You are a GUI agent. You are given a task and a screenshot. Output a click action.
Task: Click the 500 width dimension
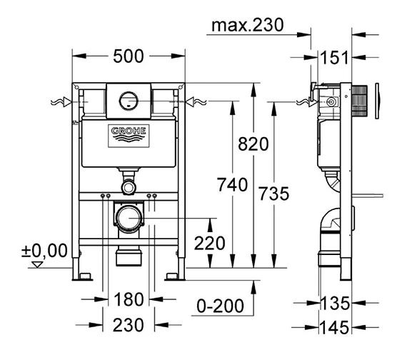click(129, 56)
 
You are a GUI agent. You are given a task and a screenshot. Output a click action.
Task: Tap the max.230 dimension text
click(247, 25)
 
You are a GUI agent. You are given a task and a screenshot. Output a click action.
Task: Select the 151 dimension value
click(334, 58)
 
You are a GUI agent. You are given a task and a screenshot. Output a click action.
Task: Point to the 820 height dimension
click(253, 144)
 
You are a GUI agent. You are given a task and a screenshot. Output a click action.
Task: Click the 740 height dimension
click(232, 185)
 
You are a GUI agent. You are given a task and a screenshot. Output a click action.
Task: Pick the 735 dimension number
click(274, 194)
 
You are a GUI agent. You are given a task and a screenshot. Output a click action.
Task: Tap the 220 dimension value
click(210, 244)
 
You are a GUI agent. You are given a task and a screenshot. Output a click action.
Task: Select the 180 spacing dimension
click(129, 299)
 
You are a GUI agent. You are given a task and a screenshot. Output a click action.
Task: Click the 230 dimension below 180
click(129, 325)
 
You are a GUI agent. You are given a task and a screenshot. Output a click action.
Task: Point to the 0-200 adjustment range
click(220, 306)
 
